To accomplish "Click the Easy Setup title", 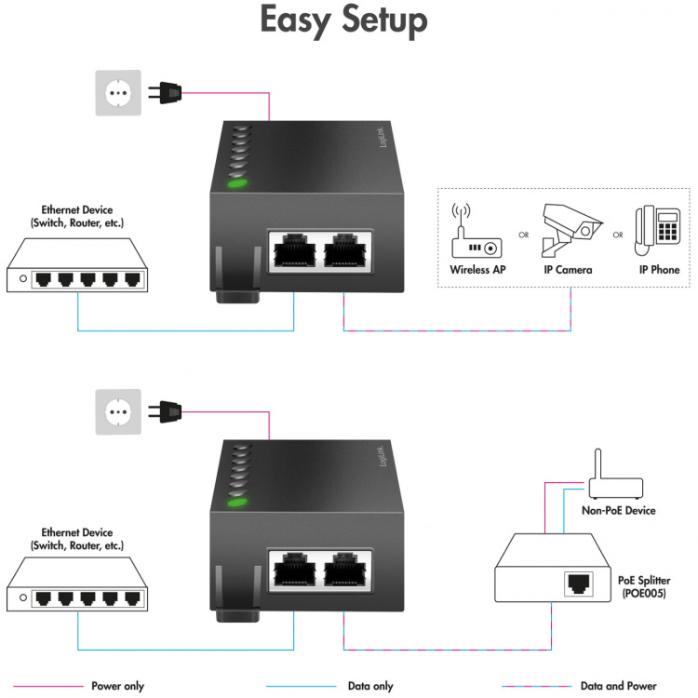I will click(343, 21).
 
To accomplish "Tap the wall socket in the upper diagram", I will click(118, 93).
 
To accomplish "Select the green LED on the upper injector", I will click(237, 182).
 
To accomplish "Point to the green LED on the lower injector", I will click(237, 503).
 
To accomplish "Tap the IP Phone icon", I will click(657, 230).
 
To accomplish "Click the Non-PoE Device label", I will click(618, 510).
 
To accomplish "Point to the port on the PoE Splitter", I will click(580, 584).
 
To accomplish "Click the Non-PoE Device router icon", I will click(613, 480).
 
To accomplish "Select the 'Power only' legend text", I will click(117, 686).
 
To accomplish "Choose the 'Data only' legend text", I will click(369, 686).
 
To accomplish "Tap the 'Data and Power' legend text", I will click(619, 686).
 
